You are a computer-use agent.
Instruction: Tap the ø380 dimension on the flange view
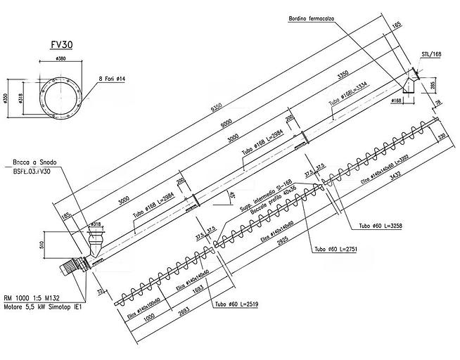click(x=61, y=59)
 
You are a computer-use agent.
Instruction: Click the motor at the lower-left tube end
click(x=70, y=269)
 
